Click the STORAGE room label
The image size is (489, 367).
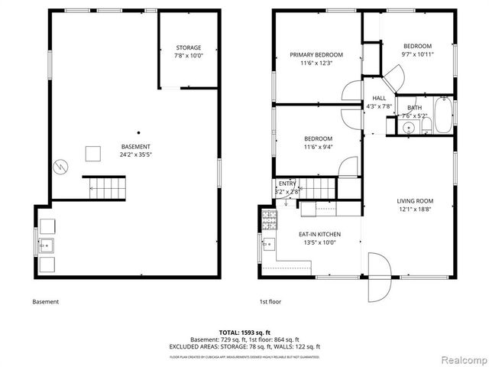[188, 47]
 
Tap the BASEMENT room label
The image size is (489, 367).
[135, 146]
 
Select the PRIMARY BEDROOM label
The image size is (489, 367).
[316, 55]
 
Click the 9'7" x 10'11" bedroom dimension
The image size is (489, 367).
[417, 54]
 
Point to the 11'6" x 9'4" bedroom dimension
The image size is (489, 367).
[318, 147]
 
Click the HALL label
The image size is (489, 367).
[379, 99]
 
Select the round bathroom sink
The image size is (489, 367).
[409, 128]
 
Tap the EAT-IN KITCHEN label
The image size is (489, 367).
[319, 234]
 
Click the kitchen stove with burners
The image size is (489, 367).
[269, 221]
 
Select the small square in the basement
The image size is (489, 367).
[93, 154]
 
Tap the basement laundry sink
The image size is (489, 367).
[46, 245]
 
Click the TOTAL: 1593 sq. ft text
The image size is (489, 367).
[244, 333]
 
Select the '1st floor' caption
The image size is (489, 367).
[270, 302]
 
